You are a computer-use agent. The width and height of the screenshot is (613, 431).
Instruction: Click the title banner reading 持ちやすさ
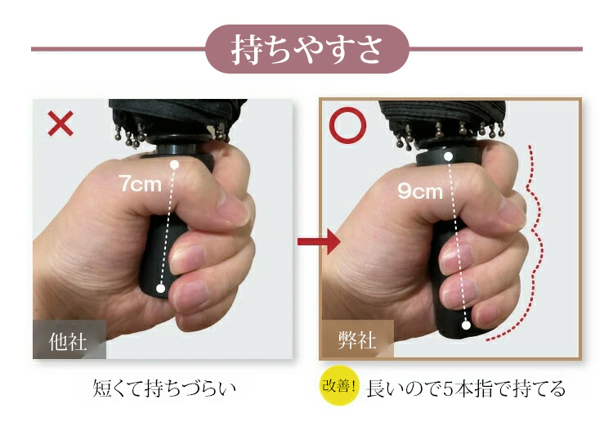point(306,49)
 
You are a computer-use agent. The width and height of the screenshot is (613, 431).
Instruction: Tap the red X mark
point(60,123)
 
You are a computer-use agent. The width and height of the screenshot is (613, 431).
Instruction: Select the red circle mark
point(348,125)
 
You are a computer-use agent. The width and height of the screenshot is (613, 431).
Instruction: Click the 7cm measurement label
point(141,183)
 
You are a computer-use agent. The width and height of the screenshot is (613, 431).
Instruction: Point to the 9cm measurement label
point(420,191)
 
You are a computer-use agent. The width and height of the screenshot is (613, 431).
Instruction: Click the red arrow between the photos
point(319,241)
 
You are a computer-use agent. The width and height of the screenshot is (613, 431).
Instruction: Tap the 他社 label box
point(69,339)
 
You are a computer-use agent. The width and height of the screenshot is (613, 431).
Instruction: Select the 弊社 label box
point(357,339)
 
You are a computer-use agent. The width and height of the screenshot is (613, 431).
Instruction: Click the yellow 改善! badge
point(339,386)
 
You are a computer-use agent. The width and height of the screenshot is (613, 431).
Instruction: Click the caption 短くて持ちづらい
point(164,388)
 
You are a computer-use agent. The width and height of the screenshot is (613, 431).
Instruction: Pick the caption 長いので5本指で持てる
point(466,388)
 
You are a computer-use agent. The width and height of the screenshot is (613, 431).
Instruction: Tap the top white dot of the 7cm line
point(174,164)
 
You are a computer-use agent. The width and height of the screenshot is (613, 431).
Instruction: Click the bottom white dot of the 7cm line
point(161,289)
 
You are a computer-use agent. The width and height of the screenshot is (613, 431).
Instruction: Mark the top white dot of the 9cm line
point(449,157)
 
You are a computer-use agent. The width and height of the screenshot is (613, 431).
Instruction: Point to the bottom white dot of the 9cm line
point(466,325)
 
